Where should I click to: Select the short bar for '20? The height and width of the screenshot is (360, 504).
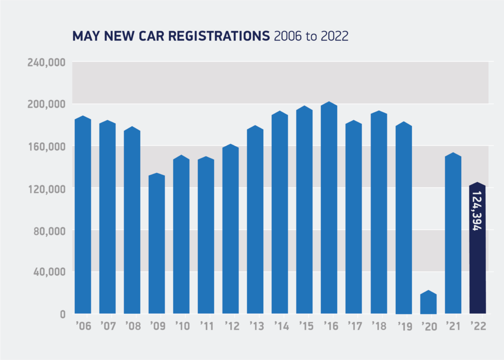tap(428, 302)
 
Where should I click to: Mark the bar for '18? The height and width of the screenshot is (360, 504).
tap(378, 212)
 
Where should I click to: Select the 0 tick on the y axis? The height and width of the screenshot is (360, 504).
tap(62, 314)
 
